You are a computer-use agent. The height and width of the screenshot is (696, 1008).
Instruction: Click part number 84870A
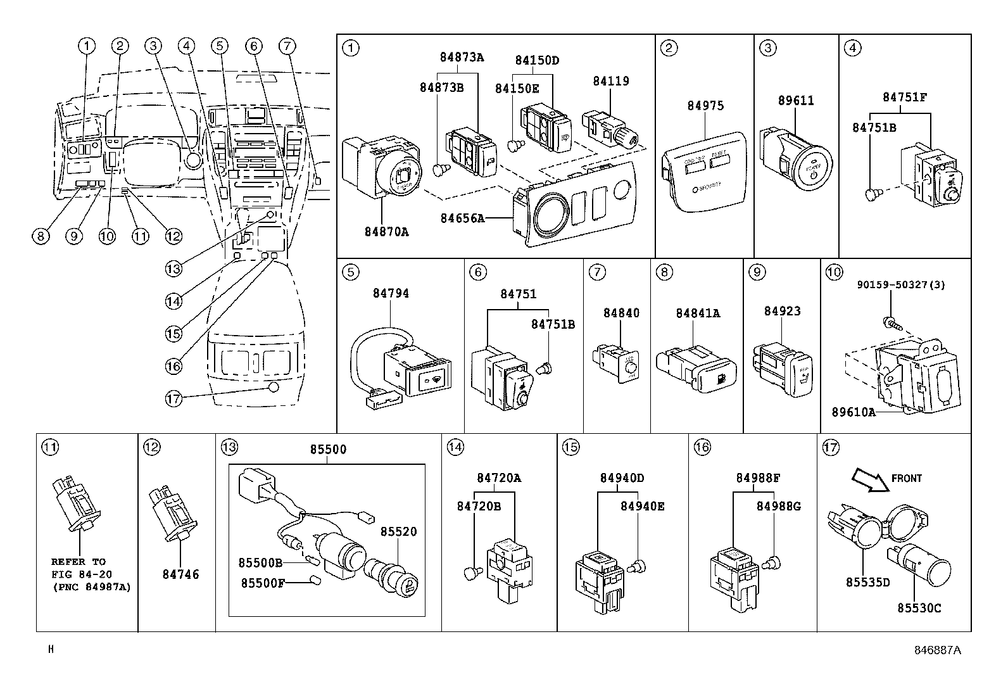[x=386, y=232]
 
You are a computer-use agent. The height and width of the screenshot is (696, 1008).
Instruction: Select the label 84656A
[x=462, y=218]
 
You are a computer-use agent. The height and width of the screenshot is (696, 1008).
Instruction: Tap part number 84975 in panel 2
[x=705, y=106]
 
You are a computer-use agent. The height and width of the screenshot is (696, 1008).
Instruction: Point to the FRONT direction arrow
[x=868, y=479]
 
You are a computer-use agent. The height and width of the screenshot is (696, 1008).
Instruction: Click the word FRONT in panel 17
[x=906, y=478]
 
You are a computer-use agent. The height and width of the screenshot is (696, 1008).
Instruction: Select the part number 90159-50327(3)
[x=901, y=285]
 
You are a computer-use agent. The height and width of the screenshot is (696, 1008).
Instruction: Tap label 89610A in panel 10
[x=853, y=412]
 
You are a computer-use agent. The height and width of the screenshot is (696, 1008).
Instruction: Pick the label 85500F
[x=262, y=583]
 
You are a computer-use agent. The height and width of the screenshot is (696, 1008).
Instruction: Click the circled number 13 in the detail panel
[x=229, y=448]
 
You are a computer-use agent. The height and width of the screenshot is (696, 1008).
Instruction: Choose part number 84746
[x=180, y=574]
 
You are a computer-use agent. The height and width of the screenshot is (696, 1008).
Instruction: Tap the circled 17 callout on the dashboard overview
[x=173, y=398]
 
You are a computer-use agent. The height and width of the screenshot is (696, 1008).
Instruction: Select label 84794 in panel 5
[x=391, y=293]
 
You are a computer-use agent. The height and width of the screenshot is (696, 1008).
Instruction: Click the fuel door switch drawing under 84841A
[x=696, y=369]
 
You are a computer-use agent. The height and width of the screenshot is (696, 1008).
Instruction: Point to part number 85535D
[x=867, y=582]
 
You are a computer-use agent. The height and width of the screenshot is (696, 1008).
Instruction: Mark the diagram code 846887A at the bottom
[x=937, y=650]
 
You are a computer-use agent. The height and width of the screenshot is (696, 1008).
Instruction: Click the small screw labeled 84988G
[x=772, y=561]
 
